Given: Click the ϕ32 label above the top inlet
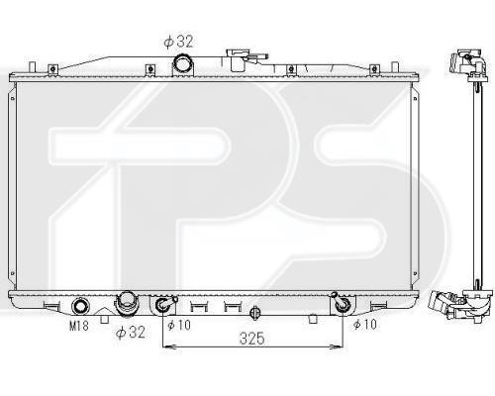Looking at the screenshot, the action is (x=178, y=42).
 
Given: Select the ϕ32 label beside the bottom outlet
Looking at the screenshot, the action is (x=131, y=332).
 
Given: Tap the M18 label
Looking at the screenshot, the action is (x=79, y=326).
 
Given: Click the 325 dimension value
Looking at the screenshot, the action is (x=252, y=339).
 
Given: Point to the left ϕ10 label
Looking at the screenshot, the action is (x=179, y=325).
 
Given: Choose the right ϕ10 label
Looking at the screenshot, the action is (x=365, y=325).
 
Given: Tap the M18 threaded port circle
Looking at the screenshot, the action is (x=80, y=306).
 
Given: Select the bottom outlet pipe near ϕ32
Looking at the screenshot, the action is (x=127, y=304).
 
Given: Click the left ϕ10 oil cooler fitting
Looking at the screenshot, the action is (x=164, y=304).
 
